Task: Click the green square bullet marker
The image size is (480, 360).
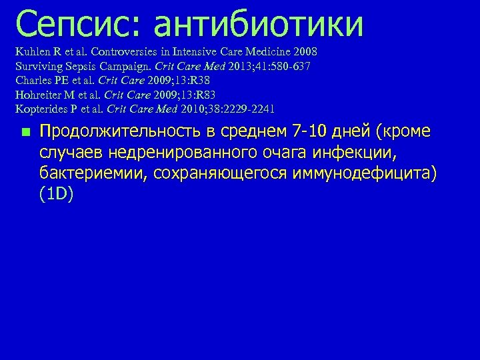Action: pyautogui.click(x=25, y=133)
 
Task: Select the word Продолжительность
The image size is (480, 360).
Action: pyautogui.click(x=115, y=133)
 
